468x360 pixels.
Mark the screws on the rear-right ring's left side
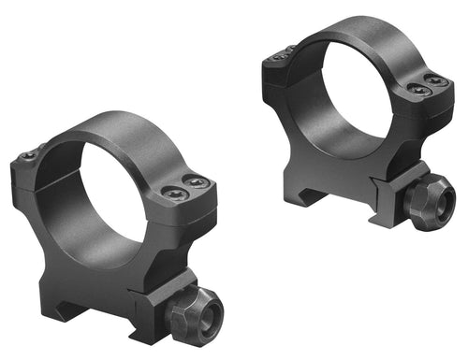click(281, 57)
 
